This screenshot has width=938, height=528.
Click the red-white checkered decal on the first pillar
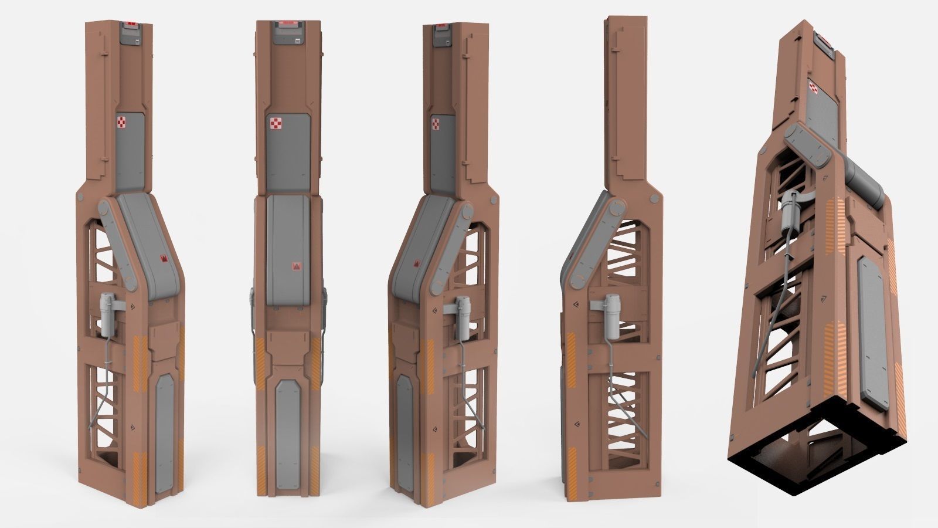click(121, 123)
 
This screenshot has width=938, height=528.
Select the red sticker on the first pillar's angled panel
click(164, 259)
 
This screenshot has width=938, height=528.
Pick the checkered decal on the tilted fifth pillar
click(814, 87)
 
